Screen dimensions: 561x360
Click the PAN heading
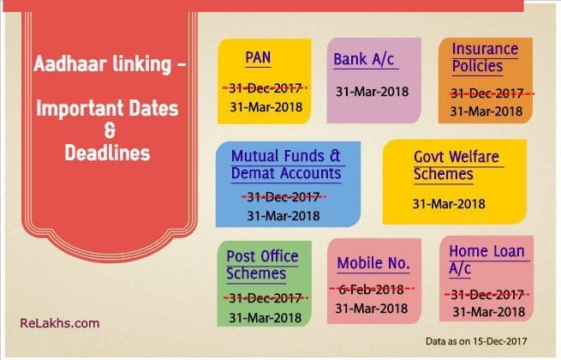point(258,57)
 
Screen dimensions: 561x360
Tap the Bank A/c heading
point(364,59)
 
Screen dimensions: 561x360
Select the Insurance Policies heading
point(485,57)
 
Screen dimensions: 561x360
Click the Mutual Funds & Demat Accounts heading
point(286,165)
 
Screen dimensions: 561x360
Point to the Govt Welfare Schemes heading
point(457,165)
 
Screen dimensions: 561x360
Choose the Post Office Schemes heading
point(262,265)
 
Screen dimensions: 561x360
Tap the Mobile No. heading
point(373,263)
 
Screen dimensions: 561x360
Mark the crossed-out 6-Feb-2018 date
point(372,289)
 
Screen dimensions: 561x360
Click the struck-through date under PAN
point(266,88)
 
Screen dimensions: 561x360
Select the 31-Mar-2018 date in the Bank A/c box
point(372,92)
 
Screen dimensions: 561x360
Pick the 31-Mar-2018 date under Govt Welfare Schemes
point(449,204)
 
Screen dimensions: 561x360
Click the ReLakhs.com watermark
point(60,323)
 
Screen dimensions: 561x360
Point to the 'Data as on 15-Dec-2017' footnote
point(476,341)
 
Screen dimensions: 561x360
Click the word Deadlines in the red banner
point(107,153)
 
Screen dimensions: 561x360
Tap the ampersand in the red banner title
point(110,130)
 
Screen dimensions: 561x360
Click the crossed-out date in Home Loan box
point(487,295)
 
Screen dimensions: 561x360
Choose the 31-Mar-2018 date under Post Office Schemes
point(266,318)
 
